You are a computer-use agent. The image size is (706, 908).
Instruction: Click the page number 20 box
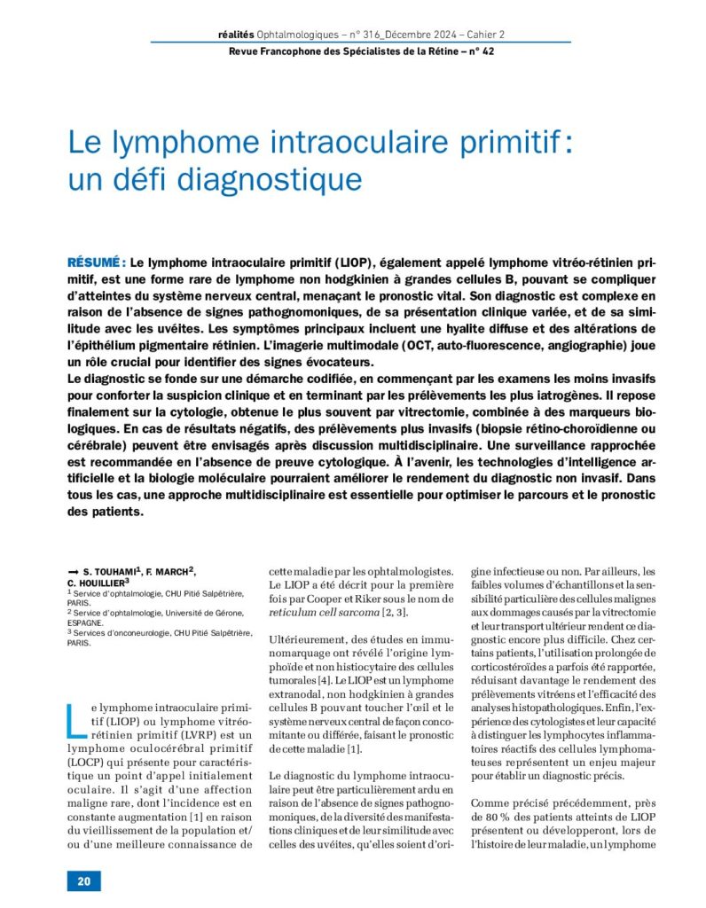(83, 881)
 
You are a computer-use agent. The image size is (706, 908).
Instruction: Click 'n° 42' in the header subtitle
(481, 51)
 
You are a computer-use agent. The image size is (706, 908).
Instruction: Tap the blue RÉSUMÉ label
(95, 263)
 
